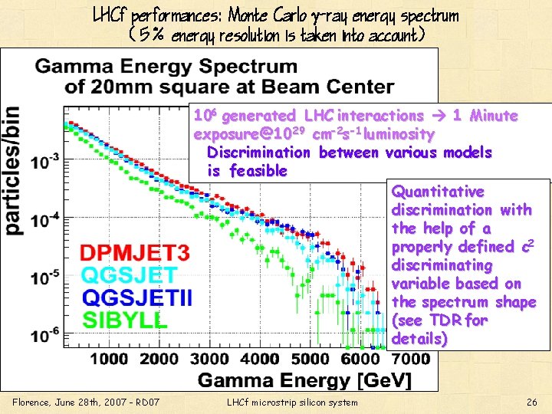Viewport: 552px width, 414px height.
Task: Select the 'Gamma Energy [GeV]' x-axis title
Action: pos(305,379)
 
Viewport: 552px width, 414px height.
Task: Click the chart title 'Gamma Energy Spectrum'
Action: pos(166,67)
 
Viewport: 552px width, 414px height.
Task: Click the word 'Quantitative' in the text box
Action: pos(438,191)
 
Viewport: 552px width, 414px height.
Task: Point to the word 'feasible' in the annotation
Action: pos(258,170)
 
